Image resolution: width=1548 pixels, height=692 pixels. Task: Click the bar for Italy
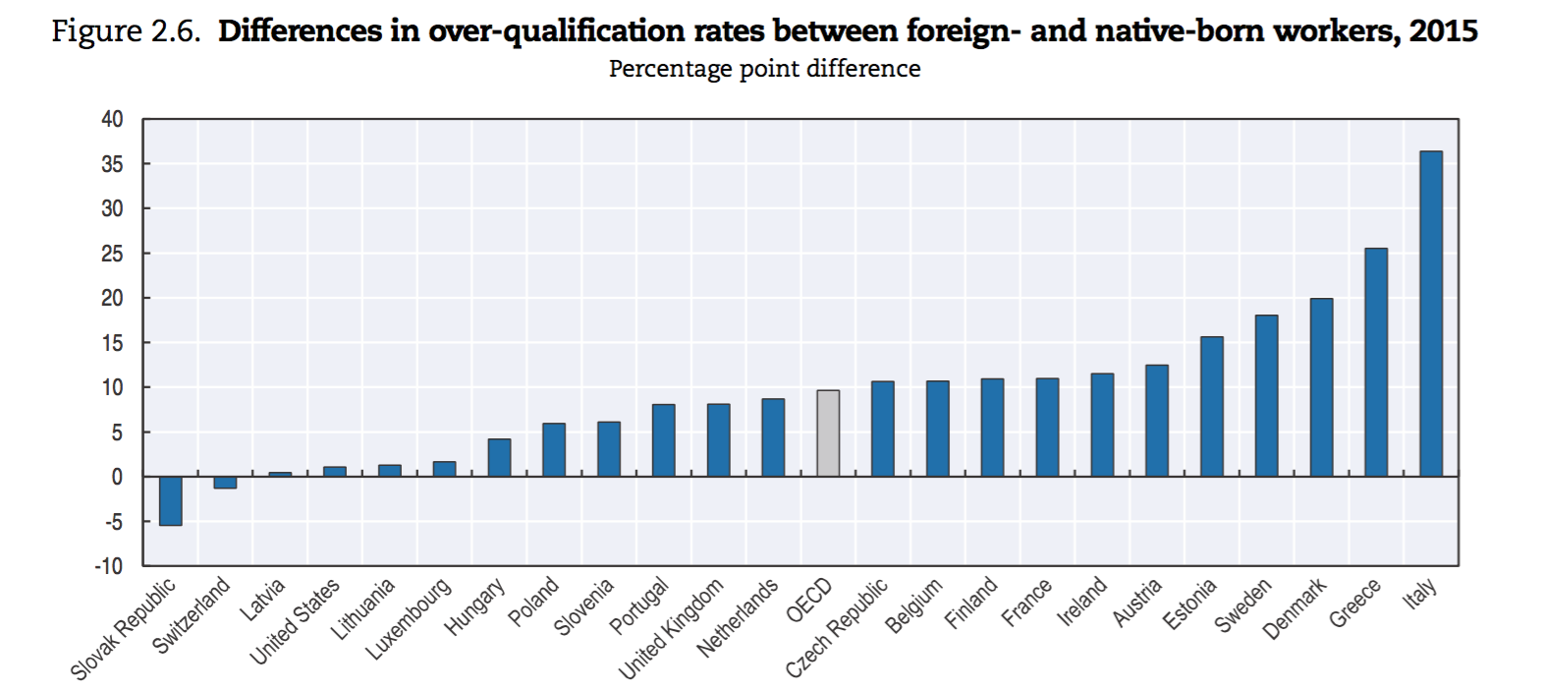pos(1431,315)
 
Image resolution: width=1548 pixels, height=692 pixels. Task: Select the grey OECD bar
pos(828,433)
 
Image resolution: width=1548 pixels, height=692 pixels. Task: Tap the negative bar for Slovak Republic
pos(171,500)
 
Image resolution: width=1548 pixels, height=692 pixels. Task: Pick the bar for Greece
pos(1376,363)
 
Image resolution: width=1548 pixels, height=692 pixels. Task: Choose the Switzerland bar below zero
pos(225,482)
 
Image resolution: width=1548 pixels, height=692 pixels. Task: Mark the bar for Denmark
pos(1321,387)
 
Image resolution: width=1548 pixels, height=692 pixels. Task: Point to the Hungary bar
pos(499,458)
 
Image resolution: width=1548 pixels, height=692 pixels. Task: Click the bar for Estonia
pos(1212,407)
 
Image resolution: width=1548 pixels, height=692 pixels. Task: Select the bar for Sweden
pos(1267,396)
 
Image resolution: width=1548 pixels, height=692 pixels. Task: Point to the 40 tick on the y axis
pos(112,120)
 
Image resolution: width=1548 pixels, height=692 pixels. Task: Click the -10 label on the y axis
pos(109,566)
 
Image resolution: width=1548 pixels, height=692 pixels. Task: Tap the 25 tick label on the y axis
pos(112,254)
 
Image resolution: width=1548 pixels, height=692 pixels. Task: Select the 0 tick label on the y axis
pos(117,477)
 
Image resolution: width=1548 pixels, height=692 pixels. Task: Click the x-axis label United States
pos(295,621)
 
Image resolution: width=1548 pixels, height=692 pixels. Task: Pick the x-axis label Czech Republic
pos(837,628)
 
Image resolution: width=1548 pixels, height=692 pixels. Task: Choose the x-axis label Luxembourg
pos(410,618)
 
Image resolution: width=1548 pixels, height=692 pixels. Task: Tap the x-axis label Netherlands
pos(738,617)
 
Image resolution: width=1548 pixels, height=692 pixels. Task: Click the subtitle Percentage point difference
pos(764,69)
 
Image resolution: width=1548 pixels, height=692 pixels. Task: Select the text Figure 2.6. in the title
pos(125,31)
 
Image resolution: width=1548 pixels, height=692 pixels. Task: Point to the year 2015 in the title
pos(1443,31)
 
